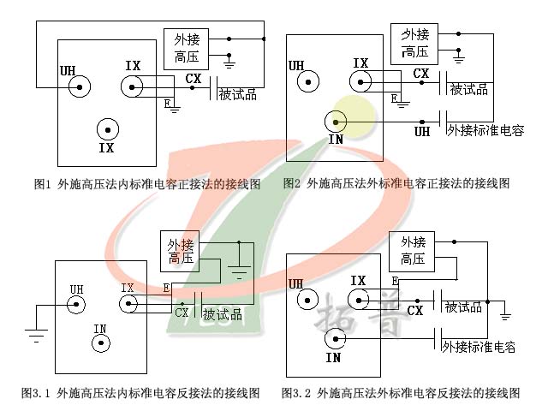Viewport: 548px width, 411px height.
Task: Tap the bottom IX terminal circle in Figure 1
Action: (x=107, y=130)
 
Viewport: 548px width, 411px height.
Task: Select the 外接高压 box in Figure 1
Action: (x=187, y=47)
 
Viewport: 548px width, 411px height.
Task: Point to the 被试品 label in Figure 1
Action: (x=238, y=93)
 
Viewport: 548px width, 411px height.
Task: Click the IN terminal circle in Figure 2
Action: (x=337, y=122)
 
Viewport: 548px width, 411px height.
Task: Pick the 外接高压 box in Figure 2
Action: (x=414, y=44)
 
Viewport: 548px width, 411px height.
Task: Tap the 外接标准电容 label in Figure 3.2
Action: (x=479, y=347)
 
